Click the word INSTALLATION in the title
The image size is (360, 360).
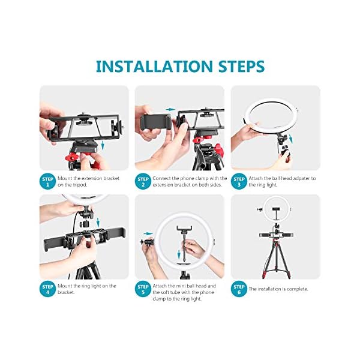pyautogui.click(x=155, y=67)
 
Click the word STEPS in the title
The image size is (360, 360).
pyautogui.click(x=242, y=67)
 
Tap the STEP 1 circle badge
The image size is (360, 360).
pyautogui.click(x=47, y=182)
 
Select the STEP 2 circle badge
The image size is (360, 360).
pyautogui.click(x=143, y=182)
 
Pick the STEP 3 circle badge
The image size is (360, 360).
pyautogui.click(x=239, y=182)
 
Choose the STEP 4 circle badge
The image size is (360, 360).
pyautogui.click(x=47, y=289)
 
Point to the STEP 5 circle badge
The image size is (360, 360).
pyautogui.click(x=143, y=289)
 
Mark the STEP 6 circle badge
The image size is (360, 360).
pyautogui.click(x=239, y=289)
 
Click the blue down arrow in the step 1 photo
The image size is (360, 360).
pyautogui.click(x=103, y=145)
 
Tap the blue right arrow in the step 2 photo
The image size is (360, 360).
pyautogui.click(x=170, y=110)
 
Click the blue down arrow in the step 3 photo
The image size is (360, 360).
pyautogui.click(x=291, y=139)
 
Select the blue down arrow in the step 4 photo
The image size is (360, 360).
pyautogui.click(x=98, y=222)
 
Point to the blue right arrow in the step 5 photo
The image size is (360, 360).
pyautogui.click(x=148, y=234)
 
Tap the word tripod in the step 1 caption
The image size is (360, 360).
pyautogui.click(x=80, y=185)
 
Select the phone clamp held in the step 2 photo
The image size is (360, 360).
pyautogui.click(x=155, y=122)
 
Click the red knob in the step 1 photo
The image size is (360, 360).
pyautogui.click(x=71, y=157)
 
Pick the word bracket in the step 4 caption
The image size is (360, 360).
pyautogui.click(x=66, y=292)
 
